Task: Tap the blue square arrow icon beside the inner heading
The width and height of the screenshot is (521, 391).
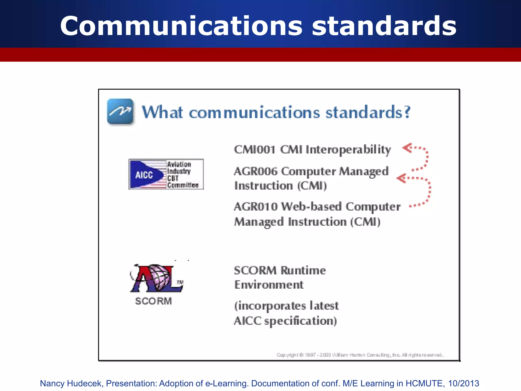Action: [x=120, y=112]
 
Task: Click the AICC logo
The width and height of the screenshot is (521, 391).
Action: [x=166, y=174]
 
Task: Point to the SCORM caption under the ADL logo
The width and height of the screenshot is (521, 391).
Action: [x=153, y=301]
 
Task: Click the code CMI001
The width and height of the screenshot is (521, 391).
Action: [x=255, y=149]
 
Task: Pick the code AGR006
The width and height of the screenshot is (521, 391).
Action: [x=255, y=171]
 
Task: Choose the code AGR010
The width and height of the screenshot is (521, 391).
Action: [x=256, y=206]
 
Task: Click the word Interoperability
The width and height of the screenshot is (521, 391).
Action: [x=348, y=149]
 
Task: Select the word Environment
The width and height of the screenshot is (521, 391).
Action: [x=269, y=285]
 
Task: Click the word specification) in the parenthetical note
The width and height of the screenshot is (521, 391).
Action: [x=300, y=321]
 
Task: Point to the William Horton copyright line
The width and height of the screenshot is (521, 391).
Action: [x=360, y=355]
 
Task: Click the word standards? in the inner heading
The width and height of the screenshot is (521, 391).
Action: [x=368, y=112]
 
